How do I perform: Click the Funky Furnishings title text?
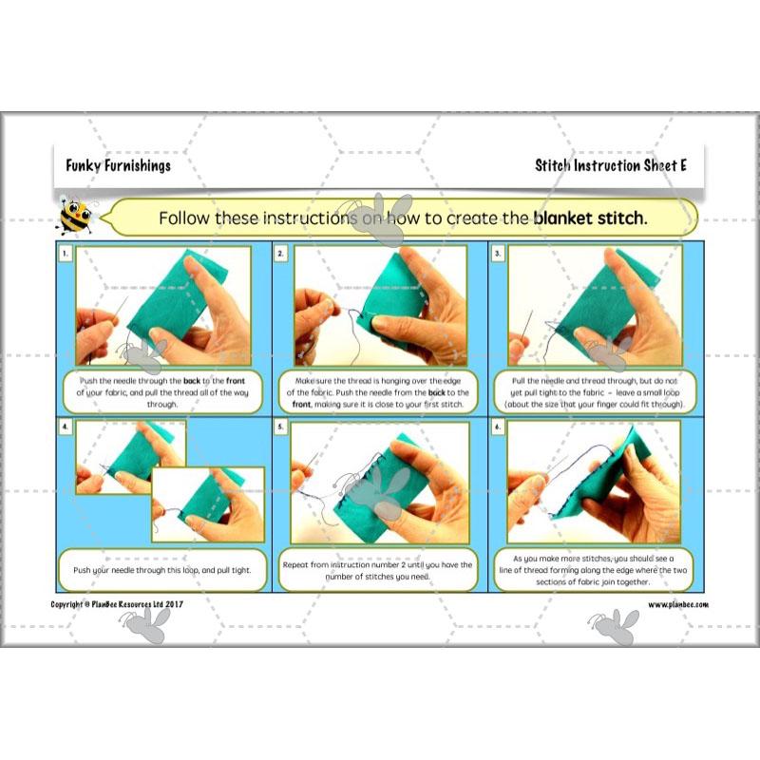118,165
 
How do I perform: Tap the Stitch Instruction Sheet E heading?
610,165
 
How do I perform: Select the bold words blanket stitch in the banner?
589,218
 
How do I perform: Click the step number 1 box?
65,254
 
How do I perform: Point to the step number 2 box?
281,254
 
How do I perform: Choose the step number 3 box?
497,254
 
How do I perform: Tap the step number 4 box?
65,427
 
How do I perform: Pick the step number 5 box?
281,427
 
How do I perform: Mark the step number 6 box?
497,427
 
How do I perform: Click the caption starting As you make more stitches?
595,569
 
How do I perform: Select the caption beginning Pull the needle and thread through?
595,390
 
